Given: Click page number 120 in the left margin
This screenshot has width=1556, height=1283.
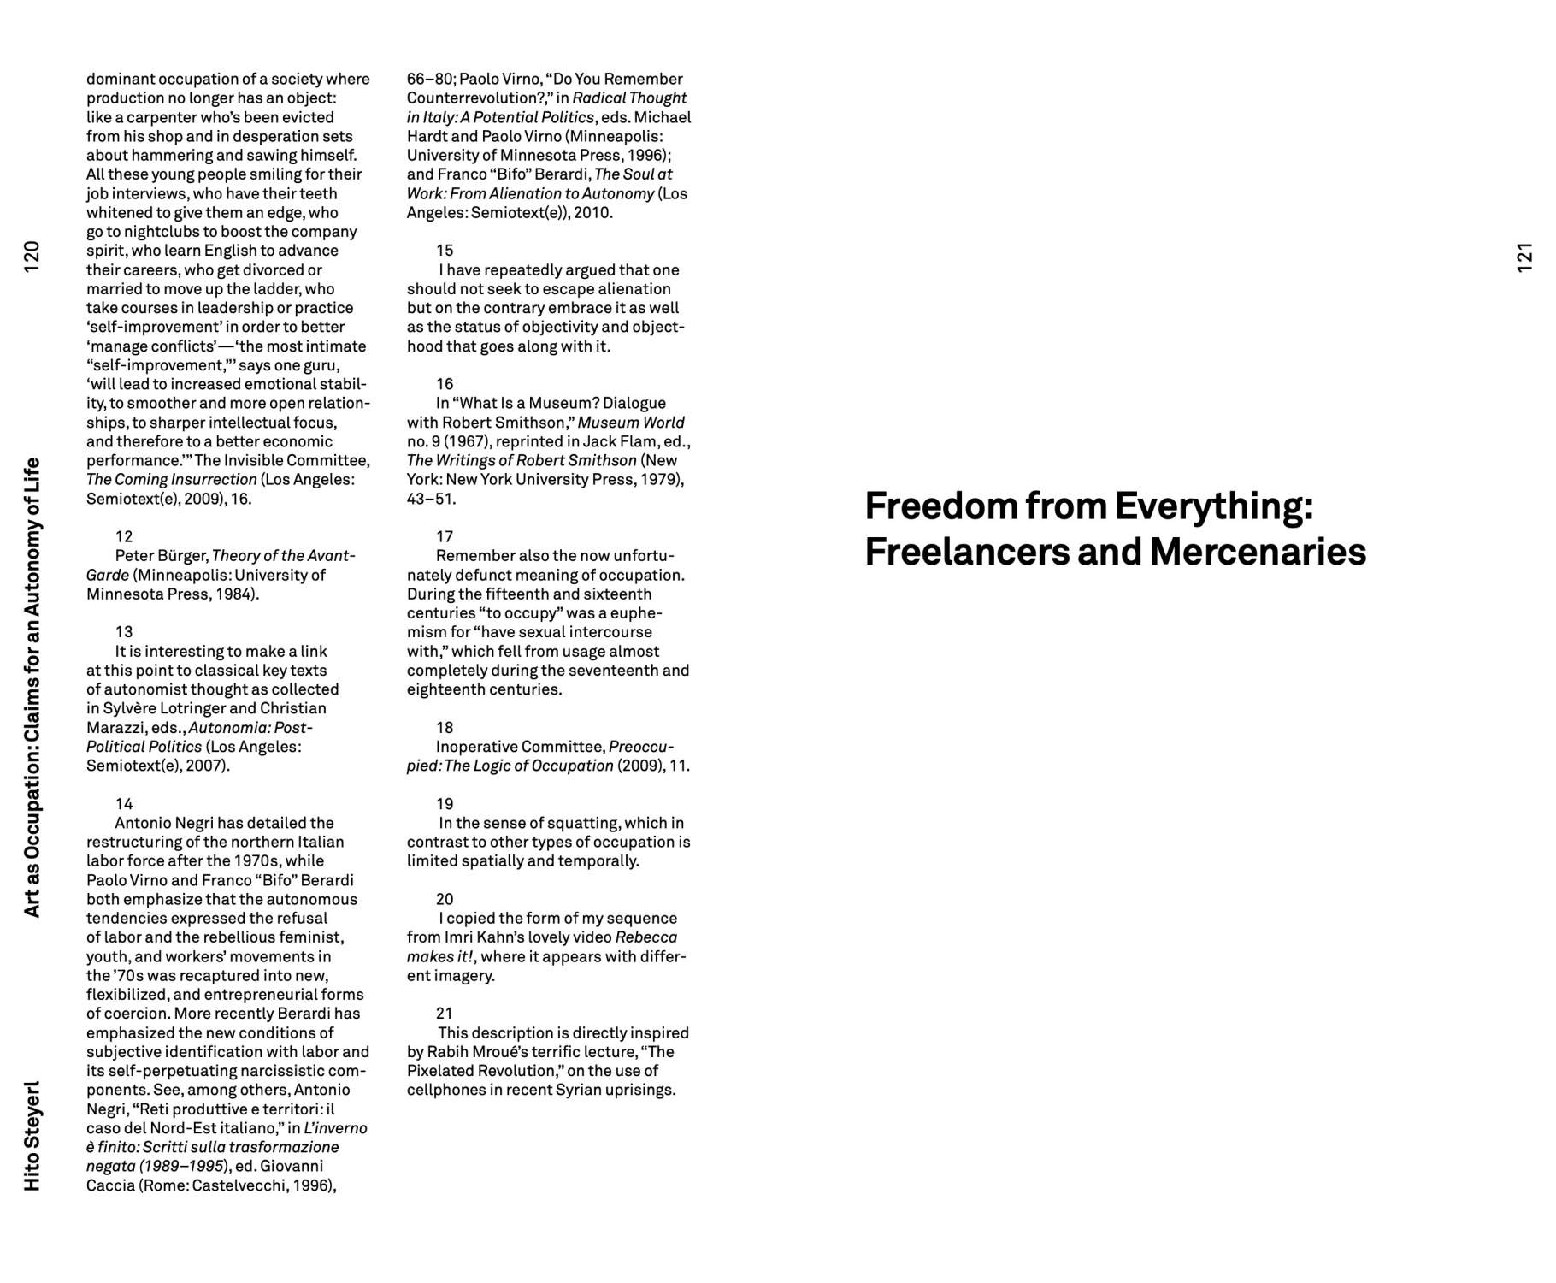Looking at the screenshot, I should tap(32, 257).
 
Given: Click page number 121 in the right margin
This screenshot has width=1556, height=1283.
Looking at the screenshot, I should tap(1524, 257).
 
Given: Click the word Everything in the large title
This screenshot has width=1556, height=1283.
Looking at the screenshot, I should tap(1213, 506).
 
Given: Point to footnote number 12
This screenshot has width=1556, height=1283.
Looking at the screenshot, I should tap(124, 536).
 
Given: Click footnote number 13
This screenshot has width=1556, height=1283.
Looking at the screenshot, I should tap(124, 631).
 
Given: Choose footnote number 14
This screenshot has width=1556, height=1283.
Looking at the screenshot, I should tap(124, 803).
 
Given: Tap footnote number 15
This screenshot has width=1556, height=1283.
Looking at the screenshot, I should tap(445, 250).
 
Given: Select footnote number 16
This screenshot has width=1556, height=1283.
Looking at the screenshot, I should tap(445, 383).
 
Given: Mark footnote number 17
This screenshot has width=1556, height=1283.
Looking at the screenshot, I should tap(445, 536).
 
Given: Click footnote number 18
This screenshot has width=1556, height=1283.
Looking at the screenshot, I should tap(445, 727).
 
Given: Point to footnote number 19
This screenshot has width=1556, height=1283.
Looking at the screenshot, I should tap(445, 803).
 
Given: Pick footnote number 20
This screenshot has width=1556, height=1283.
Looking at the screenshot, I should tap(445, 898).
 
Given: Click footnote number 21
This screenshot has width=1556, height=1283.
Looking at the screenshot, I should tap(445, 1013).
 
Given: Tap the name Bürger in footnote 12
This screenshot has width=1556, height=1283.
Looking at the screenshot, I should tap(183, 556).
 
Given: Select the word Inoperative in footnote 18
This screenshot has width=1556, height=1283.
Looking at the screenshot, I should tap(476, 747).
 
